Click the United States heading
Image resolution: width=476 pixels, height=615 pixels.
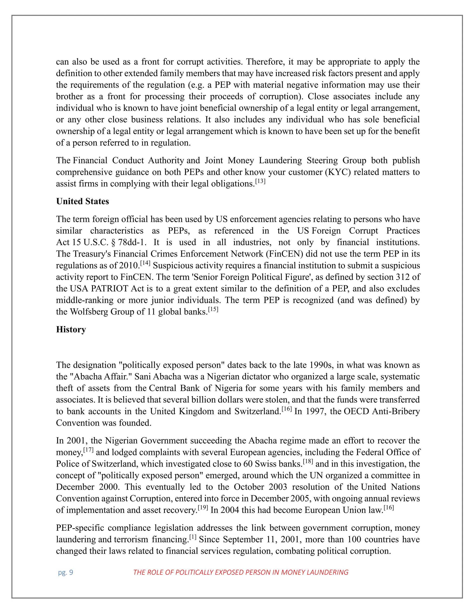click(82, 201)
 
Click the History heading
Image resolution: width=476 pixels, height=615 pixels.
click(71, 330)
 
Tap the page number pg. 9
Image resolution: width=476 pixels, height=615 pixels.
click(65, 572)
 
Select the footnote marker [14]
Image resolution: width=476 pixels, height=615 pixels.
click(145, 264)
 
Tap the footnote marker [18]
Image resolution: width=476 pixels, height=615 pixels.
click(308, 462)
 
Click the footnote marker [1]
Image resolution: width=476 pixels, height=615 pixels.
click(193, 537)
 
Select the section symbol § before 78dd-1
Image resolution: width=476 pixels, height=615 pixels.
click(114, 243)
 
